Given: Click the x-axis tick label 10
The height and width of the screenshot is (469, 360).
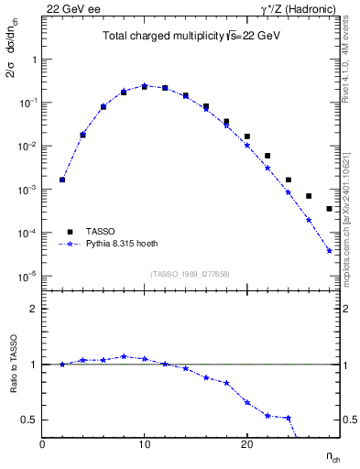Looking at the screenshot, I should (x=144, y=444).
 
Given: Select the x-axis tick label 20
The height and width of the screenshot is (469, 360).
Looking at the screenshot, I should (x=246, y=444).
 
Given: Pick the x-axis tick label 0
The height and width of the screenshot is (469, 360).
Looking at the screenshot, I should (x=42, y=444).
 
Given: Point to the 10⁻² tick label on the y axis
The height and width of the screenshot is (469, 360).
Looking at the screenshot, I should (x=27, y=147).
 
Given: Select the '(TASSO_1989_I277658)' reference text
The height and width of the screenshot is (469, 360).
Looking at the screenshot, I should (x=191, y=273).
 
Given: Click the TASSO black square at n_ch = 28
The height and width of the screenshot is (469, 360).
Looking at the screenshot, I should (x=329, y=209).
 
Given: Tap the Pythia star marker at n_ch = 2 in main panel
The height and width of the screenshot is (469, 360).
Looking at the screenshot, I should (x=62, y=180).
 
